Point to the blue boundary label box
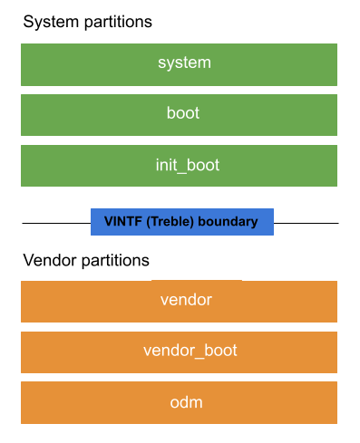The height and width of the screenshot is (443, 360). [181, 222]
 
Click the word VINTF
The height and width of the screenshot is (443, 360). [122, 222]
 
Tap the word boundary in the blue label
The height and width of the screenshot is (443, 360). [228, 222]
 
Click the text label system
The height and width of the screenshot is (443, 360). [184, 63]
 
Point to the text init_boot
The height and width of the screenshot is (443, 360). [187, 166]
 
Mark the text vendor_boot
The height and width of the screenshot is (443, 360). [190, 351]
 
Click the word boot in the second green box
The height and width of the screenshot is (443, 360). [184, 114]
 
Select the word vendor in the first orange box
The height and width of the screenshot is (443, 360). [186, 300]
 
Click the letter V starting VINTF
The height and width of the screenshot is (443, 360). [108, 222]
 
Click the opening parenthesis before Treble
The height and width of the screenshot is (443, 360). [145, 222]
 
